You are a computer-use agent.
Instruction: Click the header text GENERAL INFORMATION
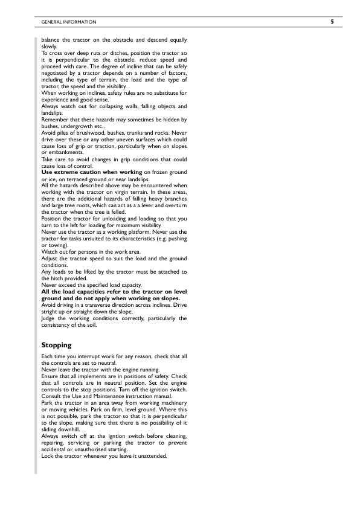(x=68, y=22)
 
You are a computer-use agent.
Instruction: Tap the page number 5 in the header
(x=332, y=22)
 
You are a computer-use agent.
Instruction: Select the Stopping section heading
(x=56, y=346)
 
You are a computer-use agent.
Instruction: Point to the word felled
(x=111, y=212)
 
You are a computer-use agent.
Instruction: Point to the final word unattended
(x=152, y=456)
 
